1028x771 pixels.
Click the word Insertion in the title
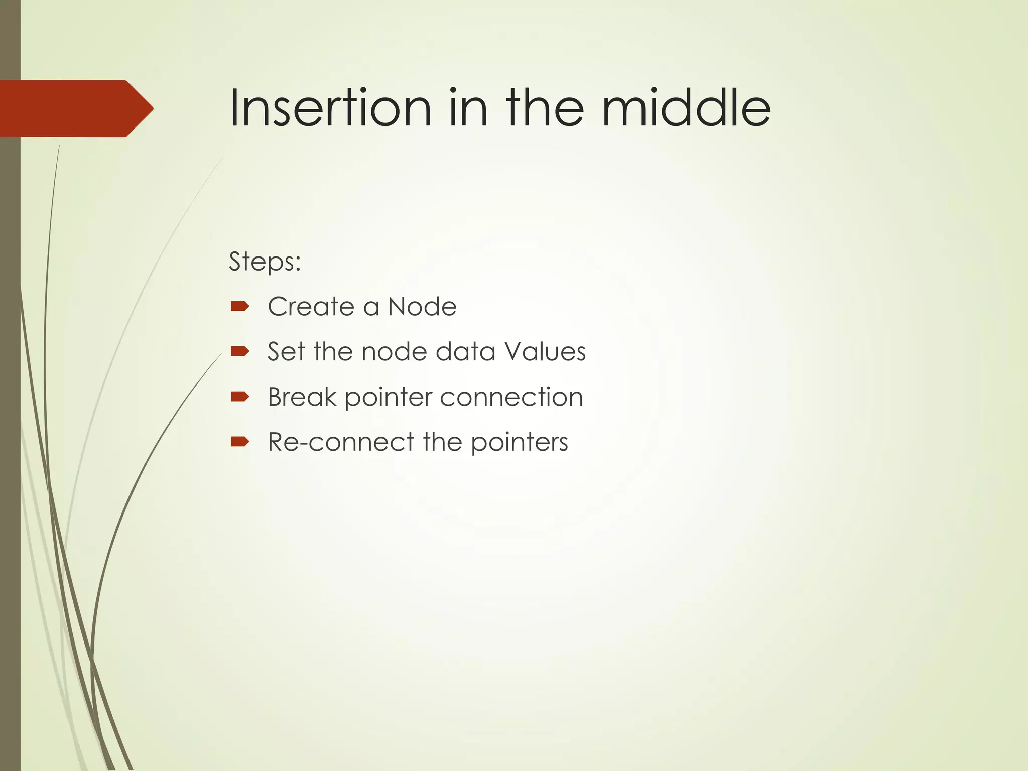pos(330,108)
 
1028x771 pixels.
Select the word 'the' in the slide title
pos(545,108)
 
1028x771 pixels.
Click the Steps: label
pos(265,262)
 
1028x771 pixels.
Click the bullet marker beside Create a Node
pos(239,306)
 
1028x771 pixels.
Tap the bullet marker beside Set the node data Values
pos(239,351)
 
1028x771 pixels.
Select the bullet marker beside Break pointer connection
pos(239,397)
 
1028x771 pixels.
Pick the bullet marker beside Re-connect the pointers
pos(239,442)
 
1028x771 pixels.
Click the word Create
pos(311,307)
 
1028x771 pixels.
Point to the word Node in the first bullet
pos(422,307)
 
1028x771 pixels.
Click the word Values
pos(545,352)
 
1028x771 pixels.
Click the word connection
pos(511,397)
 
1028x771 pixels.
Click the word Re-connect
pos(341,442)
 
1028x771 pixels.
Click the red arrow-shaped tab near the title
pos(75,108)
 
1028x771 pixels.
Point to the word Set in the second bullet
pos(285,352)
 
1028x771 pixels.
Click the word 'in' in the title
pos(467,108)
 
